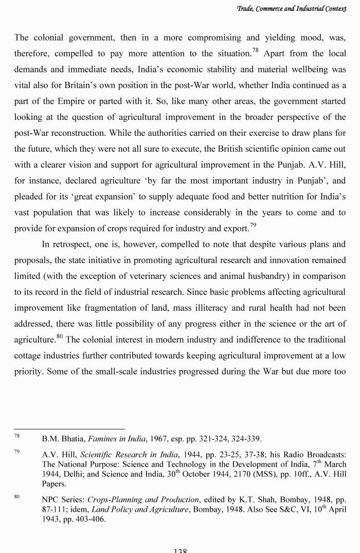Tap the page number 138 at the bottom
(180, 549)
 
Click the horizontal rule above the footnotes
(69, 429)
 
